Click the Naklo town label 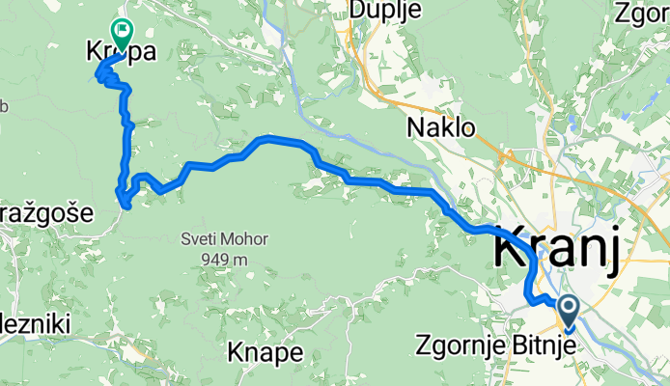(x=441, y=126)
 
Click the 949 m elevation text (x=226, y=259)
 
